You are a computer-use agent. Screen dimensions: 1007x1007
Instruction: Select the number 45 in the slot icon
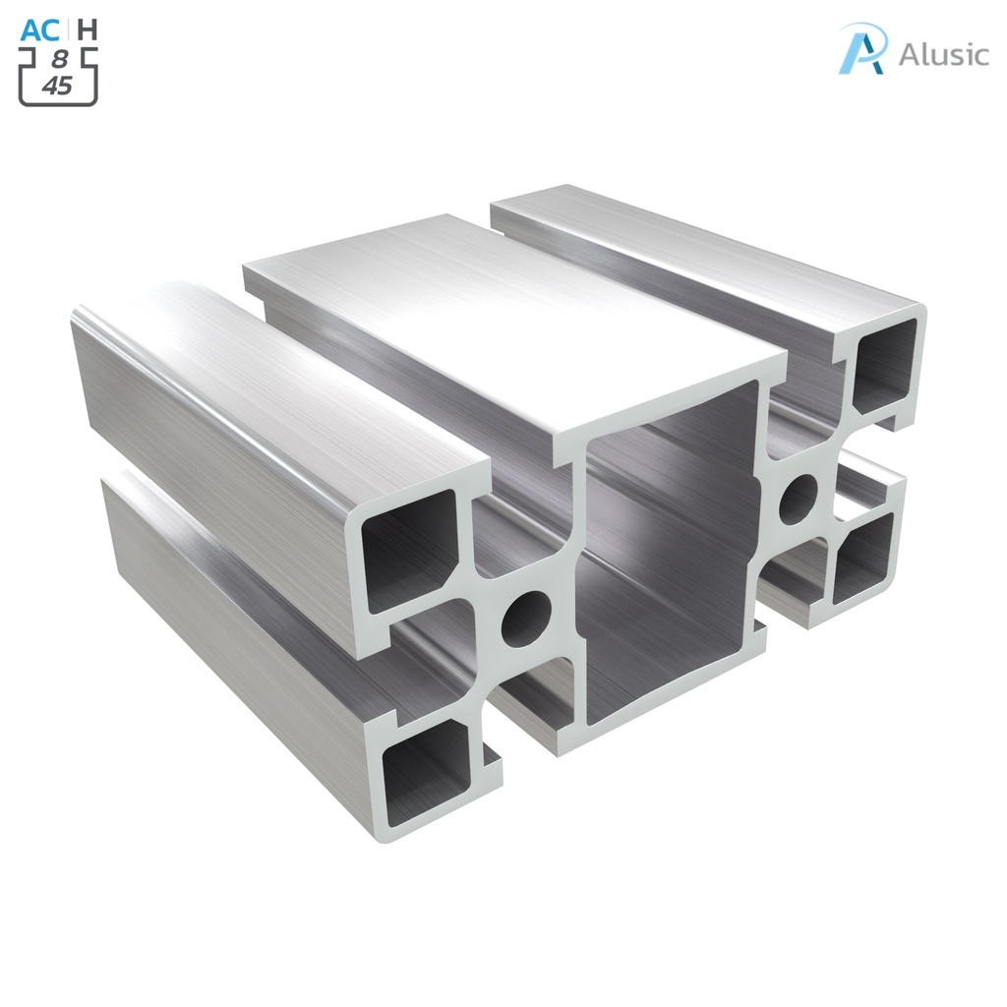tap(58, 86)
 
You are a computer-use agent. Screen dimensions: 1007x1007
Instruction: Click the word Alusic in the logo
tap(943, 54)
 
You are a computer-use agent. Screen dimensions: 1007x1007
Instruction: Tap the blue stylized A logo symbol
tap(862, 49)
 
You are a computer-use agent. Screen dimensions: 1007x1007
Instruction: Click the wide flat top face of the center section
tap(511, 315)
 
